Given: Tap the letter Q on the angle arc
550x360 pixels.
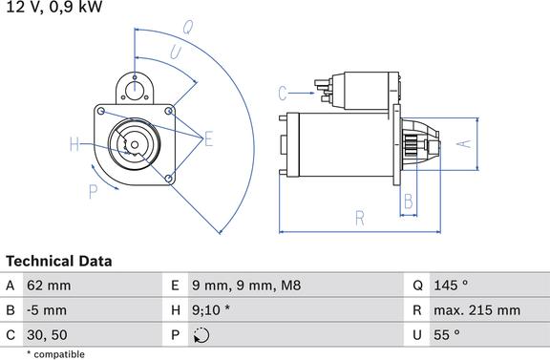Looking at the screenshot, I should tap(188, 29).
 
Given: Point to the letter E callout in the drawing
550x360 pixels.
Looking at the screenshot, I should tap(208, 140).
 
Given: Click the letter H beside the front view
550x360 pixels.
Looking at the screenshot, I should tap(74, 145).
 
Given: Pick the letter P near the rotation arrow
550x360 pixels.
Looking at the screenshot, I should tap(93, 192).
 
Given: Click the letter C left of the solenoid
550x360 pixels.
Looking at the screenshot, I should tap(283, 93).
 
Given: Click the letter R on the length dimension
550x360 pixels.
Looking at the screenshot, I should tap(360, 219).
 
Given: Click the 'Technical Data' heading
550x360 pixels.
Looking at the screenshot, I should tap(59, 261).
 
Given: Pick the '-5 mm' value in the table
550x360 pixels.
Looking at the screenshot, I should tap(49, 309).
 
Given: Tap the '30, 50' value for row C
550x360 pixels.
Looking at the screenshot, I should tap(50, 334).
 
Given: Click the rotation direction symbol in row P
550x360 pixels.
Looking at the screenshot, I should tap(201, 334).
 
